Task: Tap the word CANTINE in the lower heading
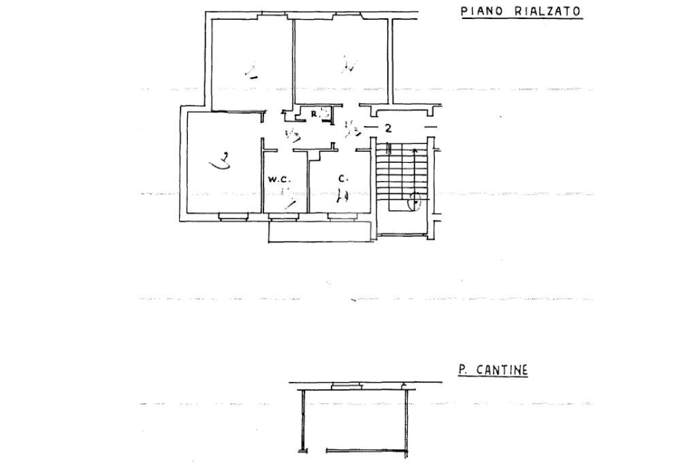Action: [x=502, y=370]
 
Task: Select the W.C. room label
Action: [x=279, y=180]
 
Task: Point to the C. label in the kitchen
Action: [x=343, y=179]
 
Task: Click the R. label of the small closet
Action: [x=316, y=114]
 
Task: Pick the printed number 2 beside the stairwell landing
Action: [x=388, y=128]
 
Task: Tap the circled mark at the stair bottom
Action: [x=415, y=201]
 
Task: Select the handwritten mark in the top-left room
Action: [x=250, y=71]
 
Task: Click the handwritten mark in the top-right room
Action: [x=349, y=66]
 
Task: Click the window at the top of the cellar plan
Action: [x=347, y=386]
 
